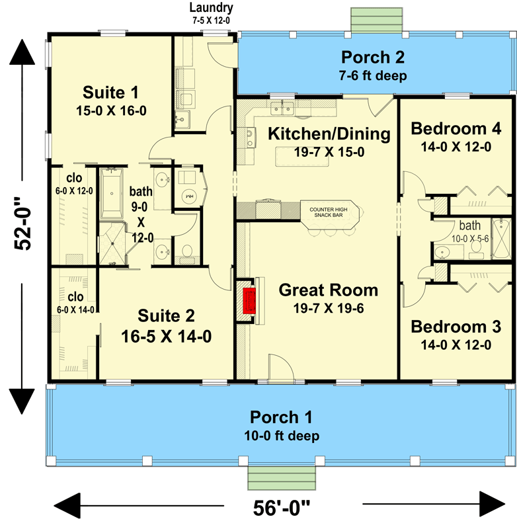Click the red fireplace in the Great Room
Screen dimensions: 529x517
[249, 301]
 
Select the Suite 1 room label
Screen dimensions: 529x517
[111, 91]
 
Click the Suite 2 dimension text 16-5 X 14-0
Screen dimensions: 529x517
[166, 337]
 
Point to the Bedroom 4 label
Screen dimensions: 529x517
[456, 128]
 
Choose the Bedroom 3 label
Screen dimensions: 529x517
[456, 327]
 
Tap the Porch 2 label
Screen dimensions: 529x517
[373, 56]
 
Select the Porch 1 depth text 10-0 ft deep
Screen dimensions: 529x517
[281, 436]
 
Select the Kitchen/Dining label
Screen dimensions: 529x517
[329, 134]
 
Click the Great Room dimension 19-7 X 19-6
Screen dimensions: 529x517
[328, 307]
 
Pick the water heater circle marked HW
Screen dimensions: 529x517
[188, 196]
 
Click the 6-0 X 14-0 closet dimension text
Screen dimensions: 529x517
[74, 309]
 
